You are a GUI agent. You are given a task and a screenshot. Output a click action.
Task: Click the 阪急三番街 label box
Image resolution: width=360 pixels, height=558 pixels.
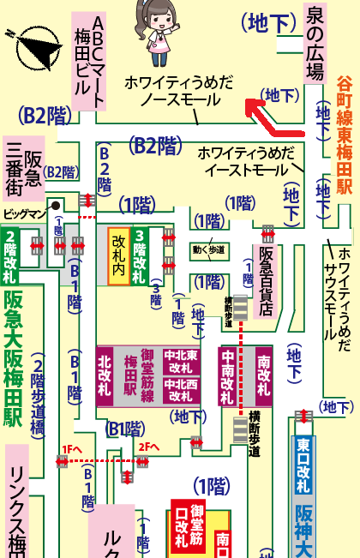tap(24, 167)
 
